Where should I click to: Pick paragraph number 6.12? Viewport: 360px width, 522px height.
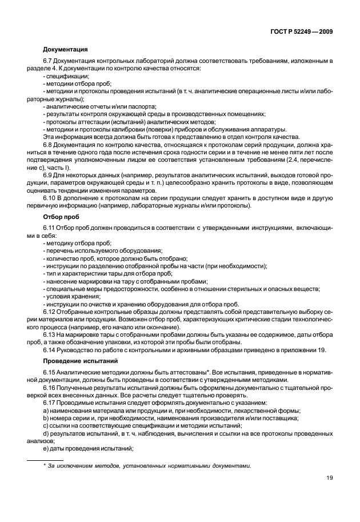point(50,312)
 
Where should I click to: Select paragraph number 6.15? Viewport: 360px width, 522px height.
point(50,372)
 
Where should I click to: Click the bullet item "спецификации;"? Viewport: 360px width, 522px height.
point(66,76)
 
